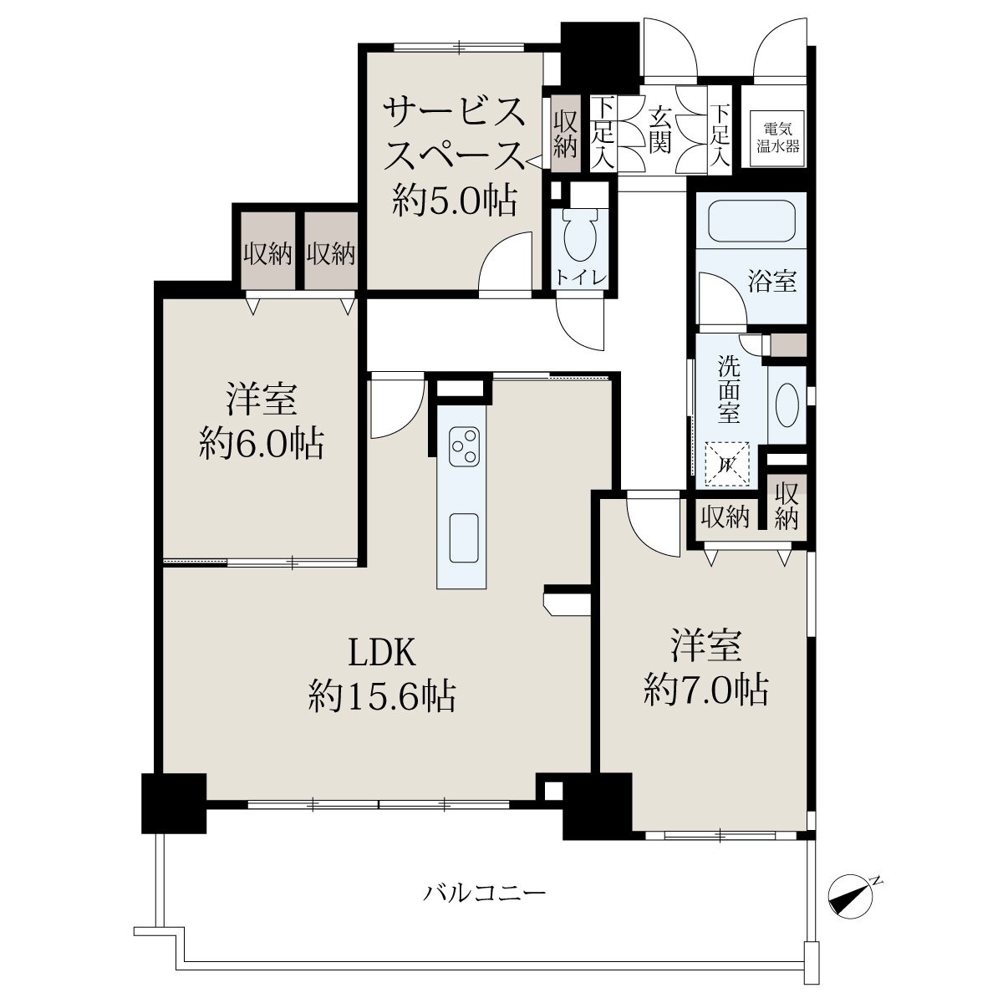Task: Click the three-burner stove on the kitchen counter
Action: (464, 446)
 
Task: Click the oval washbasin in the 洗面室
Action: (787, 405)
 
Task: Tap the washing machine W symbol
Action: (726, 464)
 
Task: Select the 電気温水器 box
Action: (777, 139)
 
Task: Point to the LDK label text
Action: (381, 654)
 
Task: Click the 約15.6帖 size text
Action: (382, 696)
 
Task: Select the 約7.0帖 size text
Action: (705, 690)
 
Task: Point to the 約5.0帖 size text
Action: (455, 201)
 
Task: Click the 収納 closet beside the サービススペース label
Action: (565, 134)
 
